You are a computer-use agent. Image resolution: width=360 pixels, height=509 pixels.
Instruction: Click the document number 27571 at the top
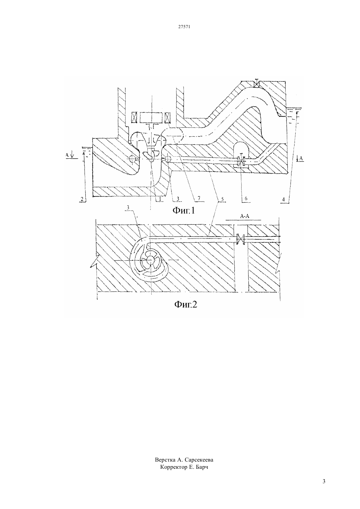tap(184, 26)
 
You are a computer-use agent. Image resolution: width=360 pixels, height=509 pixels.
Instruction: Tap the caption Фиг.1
tap(184, 211)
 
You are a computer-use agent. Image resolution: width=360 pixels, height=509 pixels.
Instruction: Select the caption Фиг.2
tap(186, 304)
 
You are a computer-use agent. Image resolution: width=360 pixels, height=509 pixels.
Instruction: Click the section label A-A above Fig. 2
tap(244, 216)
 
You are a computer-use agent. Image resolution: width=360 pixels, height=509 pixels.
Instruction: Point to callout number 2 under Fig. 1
tap(82, 199)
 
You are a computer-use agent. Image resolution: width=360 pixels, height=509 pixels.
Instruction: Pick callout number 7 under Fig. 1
tap(199, 198)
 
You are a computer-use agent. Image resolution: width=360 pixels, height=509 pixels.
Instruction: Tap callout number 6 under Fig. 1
tap(246, 198)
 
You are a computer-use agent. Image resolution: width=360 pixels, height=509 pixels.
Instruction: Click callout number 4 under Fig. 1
tap(283, 200)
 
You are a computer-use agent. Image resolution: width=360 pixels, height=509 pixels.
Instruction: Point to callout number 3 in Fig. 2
tap(128, 207)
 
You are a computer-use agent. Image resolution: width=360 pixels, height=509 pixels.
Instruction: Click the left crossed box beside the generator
tap(135, 118)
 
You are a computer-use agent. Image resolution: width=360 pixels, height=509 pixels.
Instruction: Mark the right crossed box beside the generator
tap(168, 118)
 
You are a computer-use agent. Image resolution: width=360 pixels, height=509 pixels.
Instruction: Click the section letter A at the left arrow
tap(67, 155)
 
